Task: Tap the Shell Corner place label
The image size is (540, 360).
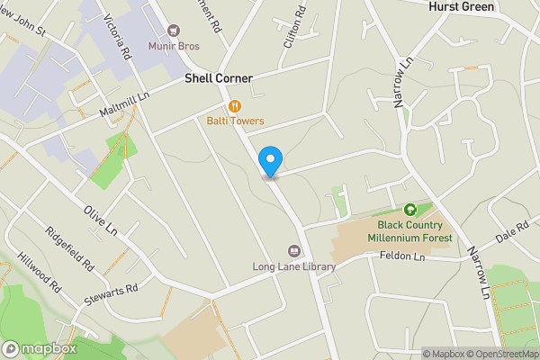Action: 218,78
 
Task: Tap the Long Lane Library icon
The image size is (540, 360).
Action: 293,250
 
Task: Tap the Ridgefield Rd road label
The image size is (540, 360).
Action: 69,248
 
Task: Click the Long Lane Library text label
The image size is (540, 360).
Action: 294,267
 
